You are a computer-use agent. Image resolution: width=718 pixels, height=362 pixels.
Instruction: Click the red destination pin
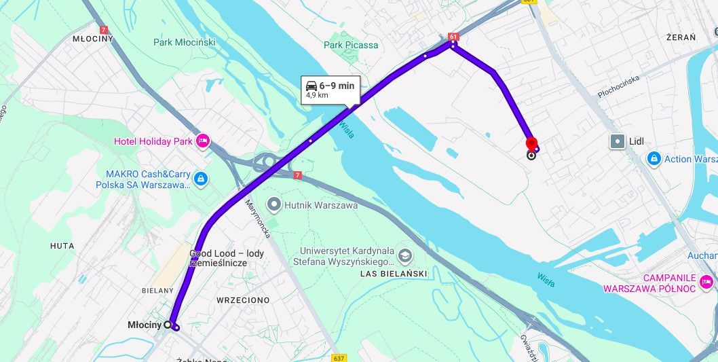(x=532, y=142)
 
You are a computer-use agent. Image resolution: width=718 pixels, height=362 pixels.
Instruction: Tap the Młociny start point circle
(x=168, y=325)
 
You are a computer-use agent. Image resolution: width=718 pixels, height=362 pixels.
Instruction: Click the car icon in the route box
(x=311, y=86)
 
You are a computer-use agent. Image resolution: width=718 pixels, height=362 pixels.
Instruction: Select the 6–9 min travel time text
(x=337, y=86)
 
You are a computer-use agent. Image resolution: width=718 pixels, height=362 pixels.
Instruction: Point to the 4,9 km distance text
(x=317, y=96)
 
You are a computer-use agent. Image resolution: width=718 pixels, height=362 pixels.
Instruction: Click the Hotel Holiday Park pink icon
(x=202, y=141)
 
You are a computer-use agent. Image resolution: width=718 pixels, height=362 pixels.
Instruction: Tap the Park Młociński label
(x=184, y=42)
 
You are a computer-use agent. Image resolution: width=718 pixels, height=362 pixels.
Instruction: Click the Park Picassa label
(x=351, y=45)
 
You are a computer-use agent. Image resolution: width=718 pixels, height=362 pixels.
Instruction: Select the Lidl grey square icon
(x=618, y=141)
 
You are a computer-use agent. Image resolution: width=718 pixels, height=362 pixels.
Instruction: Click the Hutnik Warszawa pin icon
(x=273, y=204)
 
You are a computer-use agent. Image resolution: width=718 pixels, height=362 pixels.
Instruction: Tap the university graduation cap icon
(x=405, y=255)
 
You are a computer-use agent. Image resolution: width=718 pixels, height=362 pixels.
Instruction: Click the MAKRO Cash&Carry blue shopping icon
(x=200, y=179)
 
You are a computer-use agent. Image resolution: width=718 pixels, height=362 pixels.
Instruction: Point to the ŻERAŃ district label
(x=681, y=37)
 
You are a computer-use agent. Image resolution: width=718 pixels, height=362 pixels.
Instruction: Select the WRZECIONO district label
(x=243, y=300)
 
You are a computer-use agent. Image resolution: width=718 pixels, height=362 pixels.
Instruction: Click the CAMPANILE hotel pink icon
(x=706, y=281)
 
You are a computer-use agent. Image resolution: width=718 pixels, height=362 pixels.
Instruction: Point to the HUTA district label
(x=62, y=245)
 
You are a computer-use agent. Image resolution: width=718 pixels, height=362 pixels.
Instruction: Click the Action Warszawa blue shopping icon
(x=654, y=159)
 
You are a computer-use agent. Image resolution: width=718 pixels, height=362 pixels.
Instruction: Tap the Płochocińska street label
(x=620, y=86)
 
